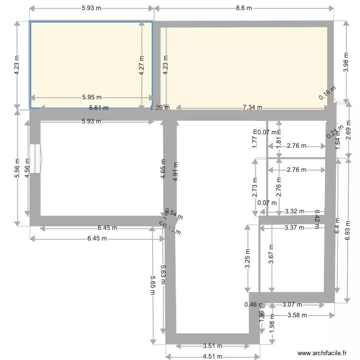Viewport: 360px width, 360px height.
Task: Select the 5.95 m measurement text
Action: click(x=92, y=98)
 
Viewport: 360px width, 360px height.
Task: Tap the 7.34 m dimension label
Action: click(x=252, y=108)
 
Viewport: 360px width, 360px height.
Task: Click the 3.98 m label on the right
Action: click(x=346, y=61)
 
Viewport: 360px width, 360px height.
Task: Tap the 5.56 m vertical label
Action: click(x=17, y=168)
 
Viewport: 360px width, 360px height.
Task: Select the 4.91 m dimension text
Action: click(x=175, y=169)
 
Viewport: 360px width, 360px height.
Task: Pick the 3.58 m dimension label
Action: click(x=297, y=315)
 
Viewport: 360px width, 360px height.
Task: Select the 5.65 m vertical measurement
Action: click(x=153, y=287)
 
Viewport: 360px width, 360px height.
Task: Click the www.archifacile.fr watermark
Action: click(x=322, y=353)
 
